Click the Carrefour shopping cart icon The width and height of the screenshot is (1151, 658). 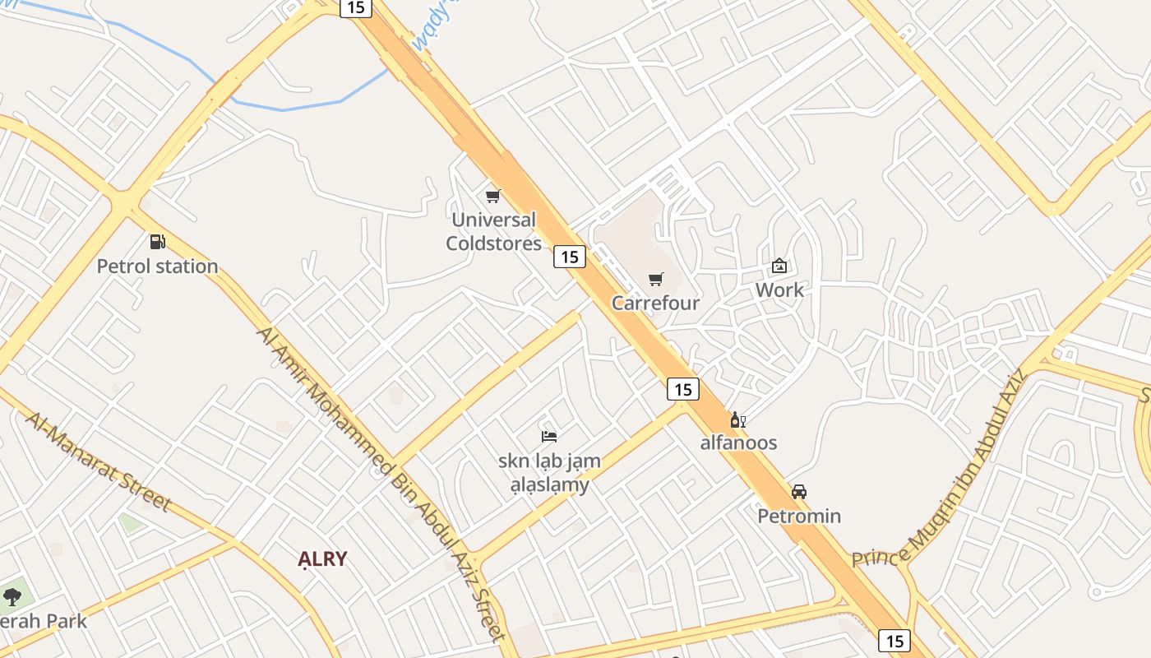[655, 280]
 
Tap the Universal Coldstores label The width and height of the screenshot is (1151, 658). [493, 232]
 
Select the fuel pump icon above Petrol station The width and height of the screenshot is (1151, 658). [157, 242]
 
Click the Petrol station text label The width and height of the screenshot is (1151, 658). [157, 266]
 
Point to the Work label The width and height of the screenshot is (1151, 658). [779, 290]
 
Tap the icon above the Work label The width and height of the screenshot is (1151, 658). [779, 266]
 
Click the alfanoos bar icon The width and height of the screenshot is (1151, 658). [738, 420]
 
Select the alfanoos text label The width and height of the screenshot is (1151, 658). [738, 443]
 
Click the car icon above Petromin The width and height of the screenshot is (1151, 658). [798, 492]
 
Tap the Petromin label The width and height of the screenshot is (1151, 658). [798, 517]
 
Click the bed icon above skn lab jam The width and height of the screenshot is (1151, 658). [549, 436]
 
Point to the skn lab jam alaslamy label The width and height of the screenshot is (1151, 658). [549, 473]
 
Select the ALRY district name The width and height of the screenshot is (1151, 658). [322, 559]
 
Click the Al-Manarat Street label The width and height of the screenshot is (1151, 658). [98, 461]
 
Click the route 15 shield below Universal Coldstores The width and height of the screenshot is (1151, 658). [569, 257]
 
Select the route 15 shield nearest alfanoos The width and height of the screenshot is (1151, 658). [682, 389]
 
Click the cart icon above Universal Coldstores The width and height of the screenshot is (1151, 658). [492, 196]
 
